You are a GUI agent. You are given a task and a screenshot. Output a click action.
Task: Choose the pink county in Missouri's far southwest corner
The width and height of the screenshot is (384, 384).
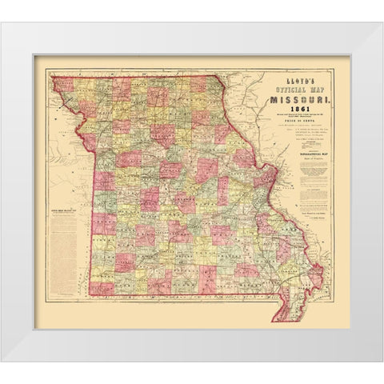100,287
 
